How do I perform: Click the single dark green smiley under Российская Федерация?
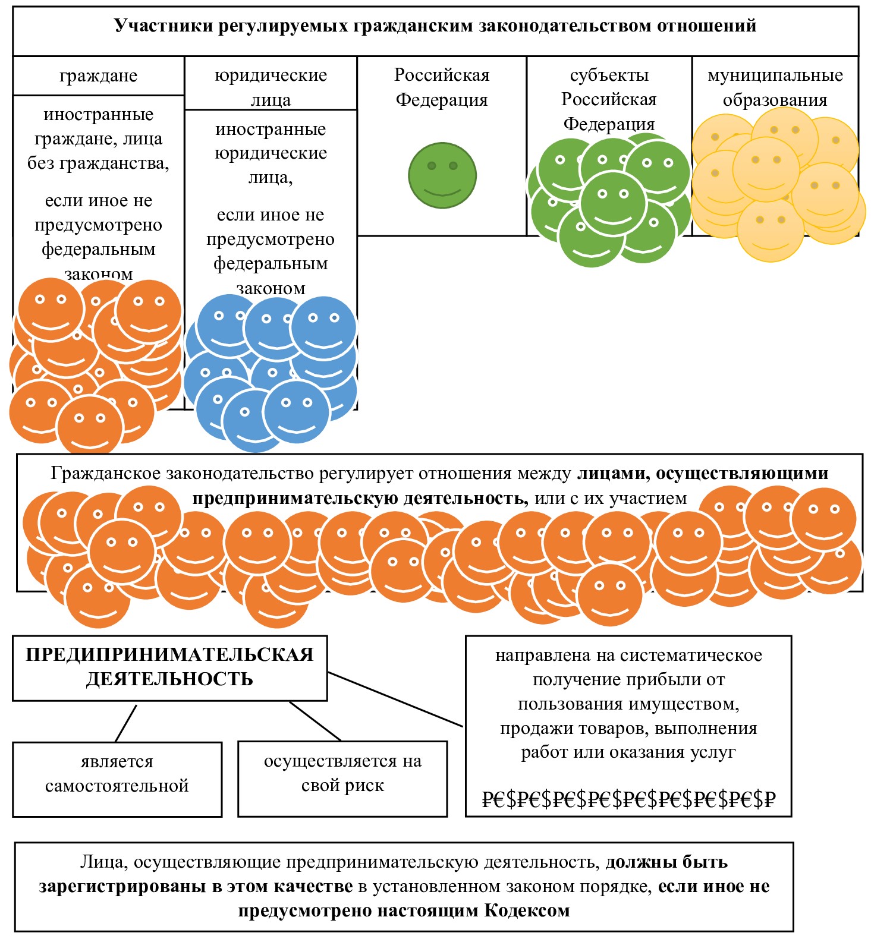[442, 175]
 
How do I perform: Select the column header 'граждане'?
[98, 76]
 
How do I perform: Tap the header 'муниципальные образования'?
[775, 87]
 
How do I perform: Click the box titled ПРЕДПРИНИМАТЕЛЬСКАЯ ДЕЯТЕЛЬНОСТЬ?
[169, 667]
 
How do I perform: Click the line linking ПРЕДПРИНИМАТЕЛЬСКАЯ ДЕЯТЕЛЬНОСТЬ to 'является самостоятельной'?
[126, 723]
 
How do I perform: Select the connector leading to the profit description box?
[395, 699]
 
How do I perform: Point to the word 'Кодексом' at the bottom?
[527, 911]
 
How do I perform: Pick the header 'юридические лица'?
[271, 87]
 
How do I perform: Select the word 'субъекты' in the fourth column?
[609, 75]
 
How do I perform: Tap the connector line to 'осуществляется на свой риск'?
[315, 721]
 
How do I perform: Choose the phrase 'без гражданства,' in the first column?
[98, 163]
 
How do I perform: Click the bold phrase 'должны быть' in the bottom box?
[666, 862]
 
